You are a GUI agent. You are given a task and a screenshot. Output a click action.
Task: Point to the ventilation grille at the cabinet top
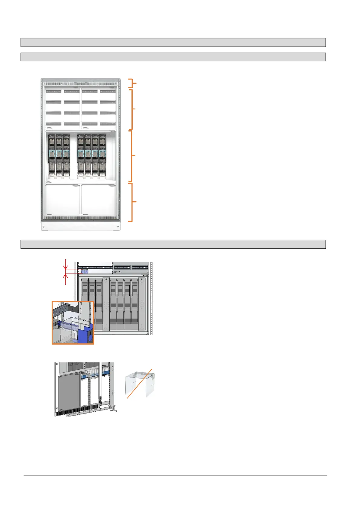(80, 84)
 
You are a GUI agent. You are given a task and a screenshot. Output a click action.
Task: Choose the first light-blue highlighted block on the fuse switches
(52, 153)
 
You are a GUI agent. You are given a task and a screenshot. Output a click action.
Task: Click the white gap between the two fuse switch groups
(73, 156)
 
